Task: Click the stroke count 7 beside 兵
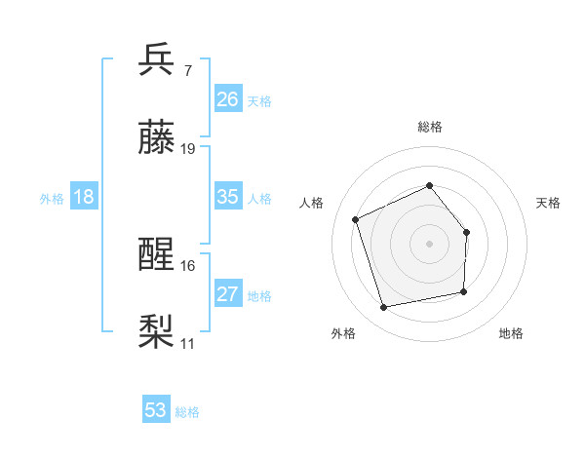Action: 187,70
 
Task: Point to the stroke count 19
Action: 188,149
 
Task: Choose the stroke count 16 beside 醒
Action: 188,265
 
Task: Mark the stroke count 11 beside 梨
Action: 188,343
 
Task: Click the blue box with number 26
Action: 228,99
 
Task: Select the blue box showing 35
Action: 228,197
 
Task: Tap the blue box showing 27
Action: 228,294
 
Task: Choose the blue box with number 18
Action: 84,197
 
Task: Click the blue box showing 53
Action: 156,410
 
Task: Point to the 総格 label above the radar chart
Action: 429,127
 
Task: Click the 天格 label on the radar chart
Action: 548,203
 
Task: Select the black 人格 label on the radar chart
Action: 312,203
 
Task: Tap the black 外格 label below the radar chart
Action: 343,334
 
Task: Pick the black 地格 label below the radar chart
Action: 511,334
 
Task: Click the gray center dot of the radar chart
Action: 429,243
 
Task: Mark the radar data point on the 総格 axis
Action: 429,185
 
